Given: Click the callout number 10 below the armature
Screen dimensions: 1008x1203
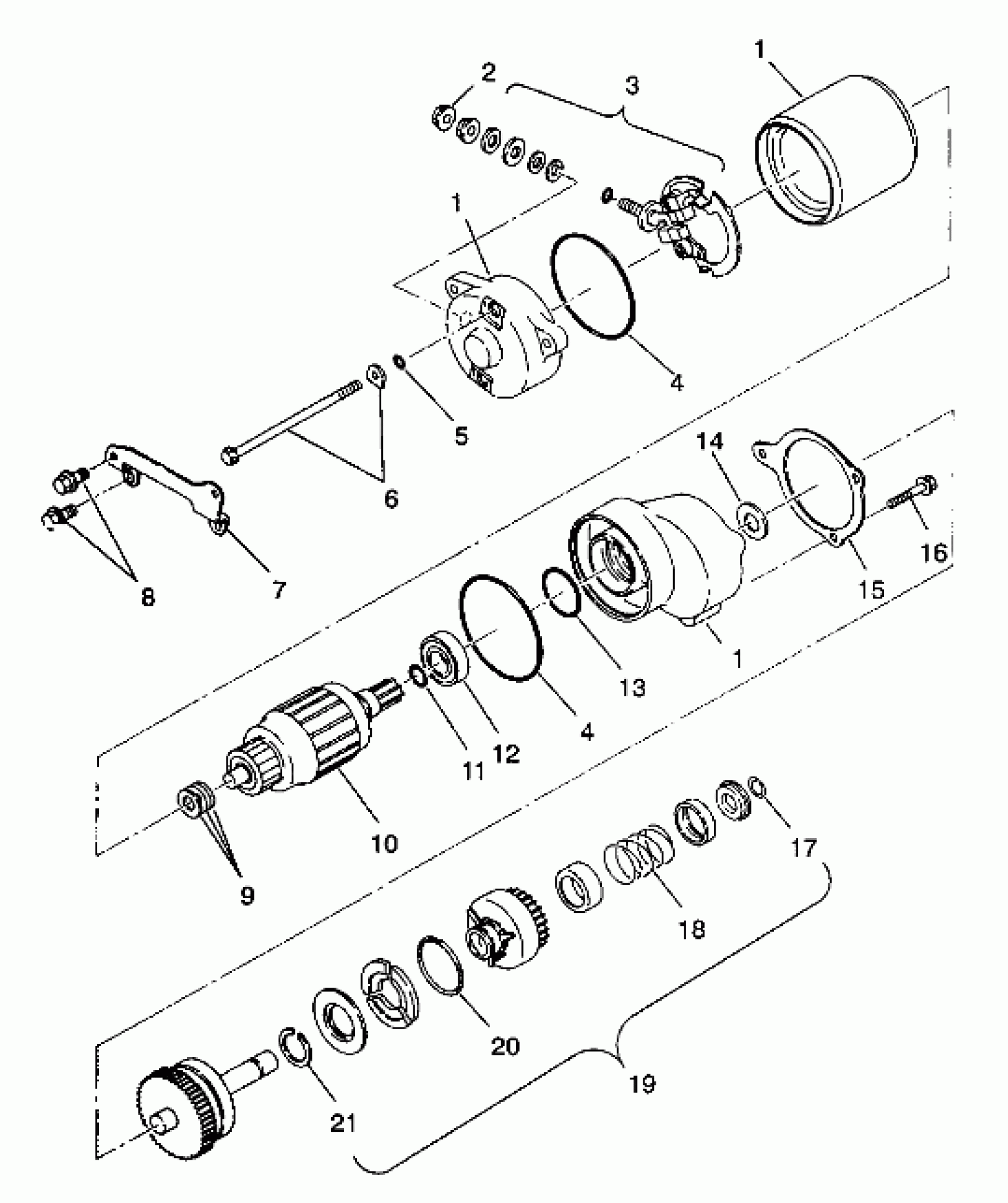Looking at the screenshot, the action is click(384, 843).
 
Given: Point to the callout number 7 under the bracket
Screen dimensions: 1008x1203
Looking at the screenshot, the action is click(279, 590).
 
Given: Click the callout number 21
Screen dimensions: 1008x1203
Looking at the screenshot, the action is click(342, 1122).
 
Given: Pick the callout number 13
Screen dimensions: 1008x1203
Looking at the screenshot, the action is click(632, 688).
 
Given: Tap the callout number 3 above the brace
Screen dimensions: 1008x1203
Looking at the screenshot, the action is click(632, 85).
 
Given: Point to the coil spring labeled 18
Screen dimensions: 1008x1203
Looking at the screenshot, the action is click(639, 853).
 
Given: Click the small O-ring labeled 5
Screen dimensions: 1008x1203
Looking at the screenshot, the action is click(399, 361).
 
